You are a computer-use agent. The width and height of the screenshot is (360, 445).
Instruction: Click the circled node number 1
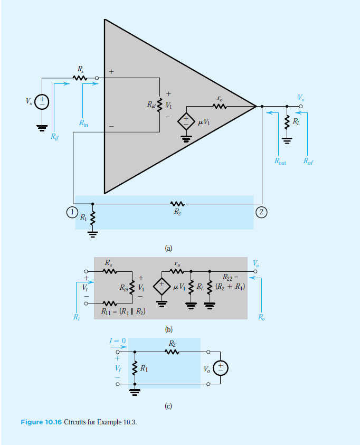click(x=69, y=212)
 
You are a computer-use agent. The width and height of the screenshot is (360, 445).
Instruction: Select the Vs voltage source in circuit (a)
click(x=42, y=101)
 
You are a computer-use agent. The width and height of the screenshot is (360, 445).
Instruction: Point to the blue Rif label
click(x=55, y=137)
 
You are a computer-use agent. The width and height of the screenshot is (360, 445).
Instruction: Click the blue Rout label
click(x=280, y=162)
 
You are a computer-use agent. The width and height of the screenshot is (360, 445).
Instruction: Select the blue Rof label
click(x=308, y=162)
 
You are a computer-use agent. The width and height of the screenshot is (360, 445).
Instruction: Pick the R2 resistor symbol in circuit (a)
click(x=177, y=203)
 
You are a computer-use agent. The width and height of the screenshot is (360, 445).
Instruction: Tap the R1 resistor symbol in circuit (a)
click(x=93, y=217)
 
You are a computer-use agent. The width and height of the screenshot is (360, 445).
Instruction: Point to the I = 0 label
click(x=117, y=342)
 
